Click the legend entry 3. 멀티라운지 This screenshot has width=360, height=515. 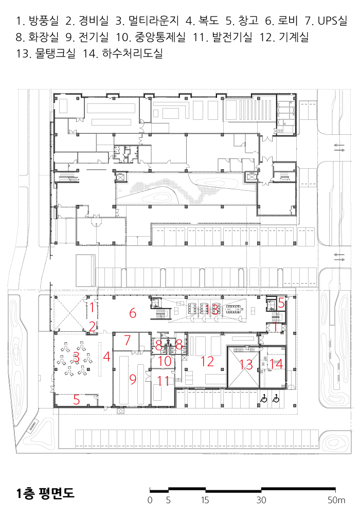pos(147,21)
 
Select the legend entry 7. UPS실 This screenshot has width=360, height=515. pos(326,21)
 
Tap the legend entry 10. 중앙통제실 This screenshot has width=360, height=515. pos(150,37)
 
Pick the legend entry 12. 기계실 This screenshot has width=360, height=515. pos(284,37)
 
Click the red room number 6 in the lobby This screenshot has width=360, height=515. pos(133,313)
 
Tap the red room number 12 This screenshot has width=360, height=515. pos(207,361)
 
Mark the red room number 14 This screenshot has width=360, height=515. pos(276,364)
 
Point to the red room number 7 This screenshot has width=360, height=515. pos(128,341)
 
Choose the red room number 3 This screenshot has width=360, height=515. pos(77,357)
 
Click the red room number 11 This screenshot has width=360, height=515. pos(163,381)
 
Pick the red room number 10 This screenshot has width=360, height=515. pos(165,361)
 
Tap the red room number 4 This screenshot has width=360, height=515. pos(106,357)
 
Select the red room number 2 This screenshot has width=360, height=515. pos(92,327)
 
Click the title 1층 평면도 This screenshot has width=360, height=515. pos(45,493)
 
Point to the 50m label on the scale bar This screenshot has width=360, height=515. pos(336,500)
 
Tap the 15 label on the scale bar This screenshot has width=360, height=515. pos(205,500)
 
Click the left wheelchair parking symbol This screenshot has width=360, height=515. pos(263,399)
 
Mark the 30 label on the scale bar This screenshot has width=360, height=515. pos(261,500)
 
